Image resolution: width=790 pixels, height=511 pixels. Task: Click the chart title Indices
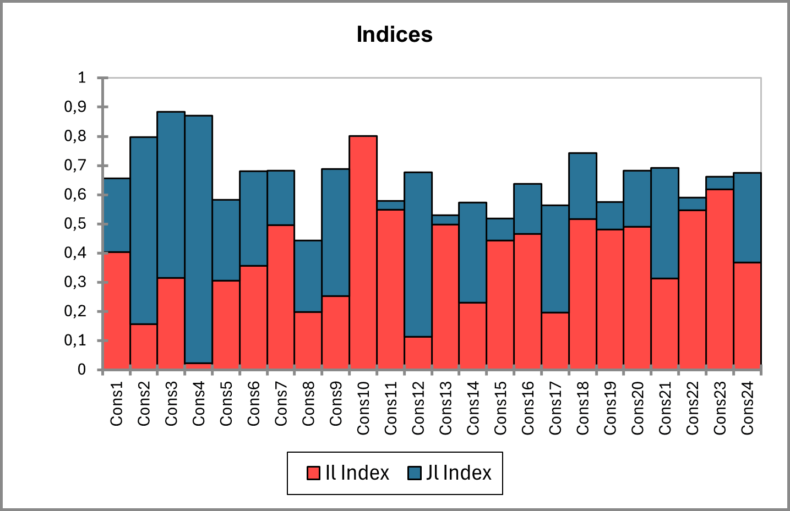pyautogui.click(x=394, y=34)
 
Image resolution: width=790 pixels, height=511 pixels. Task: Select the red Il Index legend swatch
pyautogui.click(x=313, y=473)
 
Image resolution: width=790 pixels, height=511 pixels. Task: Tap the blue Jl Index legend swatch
pyautogui.click(x=415, y=473)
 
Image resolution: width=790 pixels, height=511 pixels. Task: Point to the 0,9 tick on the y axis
pyautogui.click(x=75, y=107)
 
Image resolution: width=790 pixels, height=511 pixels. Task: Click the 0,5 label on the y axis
pyautogui.click(x=75, y=224)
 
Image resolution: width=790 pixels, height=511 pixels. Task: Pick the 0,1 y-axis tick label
pyautogui.click(x=75, y=340)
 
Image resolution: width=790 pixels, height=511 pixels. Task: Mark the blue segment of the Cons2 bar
pyautogui.click(x=144, y=230)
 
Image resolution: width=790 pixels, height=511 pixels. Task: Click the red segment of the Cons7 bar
pyautogui.click(x=281, y=297)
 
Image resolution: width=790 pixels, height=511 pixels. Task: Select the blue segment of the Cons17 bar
pyautogui.click(x=555, y=259)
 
